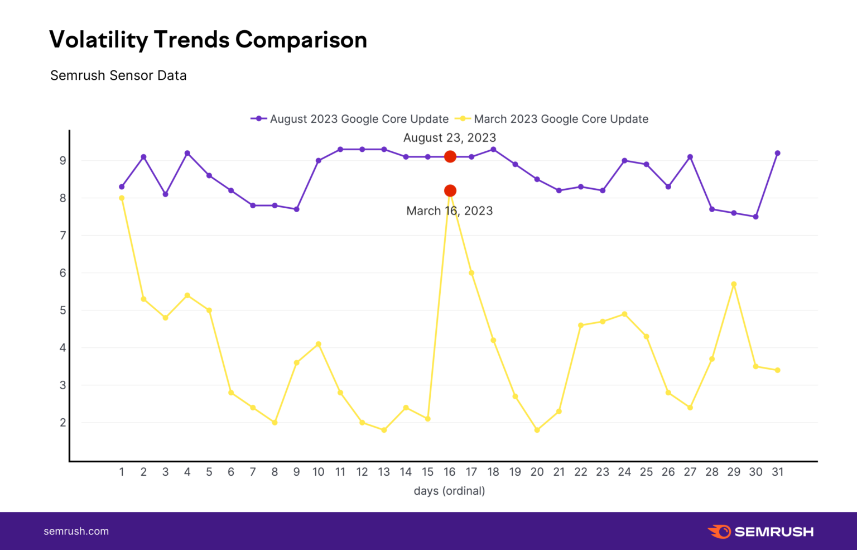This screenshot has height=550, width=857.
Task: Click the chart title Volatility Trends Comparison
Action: [x=208, y=40]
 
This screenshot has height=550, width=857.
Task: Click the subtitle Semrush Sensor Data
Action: [x=118, y=75]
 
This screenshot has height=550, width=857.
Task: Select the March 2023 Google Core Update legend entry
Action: [x=552, y=119]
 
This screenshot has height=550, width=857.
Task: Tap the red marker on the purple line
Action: [x=450, y=157]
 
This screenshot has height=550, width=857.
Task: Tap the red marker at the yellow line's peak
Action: [x=450, y=191]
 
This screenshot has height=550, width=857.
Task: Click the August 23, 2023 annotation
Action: [x=450, y=137]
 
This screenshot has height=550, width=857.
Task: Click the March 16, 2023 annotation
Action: [x=450, y=211]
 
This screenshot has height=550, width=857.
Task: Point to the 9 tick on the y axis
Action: [x=63, y=161]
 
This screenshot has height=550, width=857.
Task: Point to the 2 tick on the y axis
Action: [x=63, y=423]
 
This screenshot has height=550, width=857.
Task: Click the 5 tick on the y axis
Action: [x=63, y=310]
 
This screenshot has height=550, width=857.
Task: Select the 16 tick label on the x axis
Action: [x=450, y=472]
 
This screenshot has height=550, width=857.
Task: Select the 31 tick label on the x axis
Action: [x=778, y=472]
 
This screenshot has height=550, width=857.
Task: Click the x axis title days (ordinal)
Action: [x=450, y=491]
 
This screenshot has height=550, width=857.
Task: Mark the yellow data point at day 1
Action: [x=122, y=198]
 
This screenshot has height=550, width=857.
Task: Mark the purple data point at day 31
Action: [x=778, y=153]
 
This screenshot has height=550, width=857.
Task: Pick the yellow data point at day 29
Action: [x=734, y=284]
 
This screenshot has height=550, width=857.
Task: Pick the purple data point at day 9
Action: [x=296, y=209]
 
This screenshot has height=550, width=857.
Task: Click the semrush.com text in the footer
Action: [x=76, y=532]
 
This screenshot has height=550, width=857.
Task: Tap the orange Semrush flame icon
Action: [x=720, y=532]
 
